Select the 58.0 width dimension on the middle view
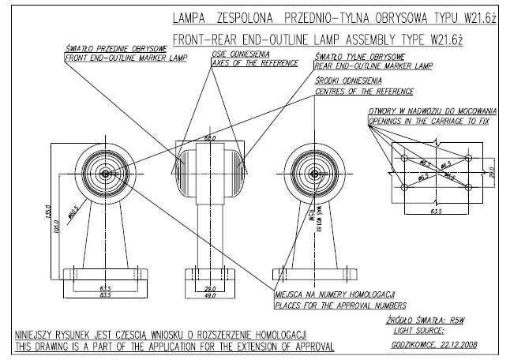210,138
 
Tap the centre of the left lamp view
104,172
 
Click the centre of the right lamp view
314,172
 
